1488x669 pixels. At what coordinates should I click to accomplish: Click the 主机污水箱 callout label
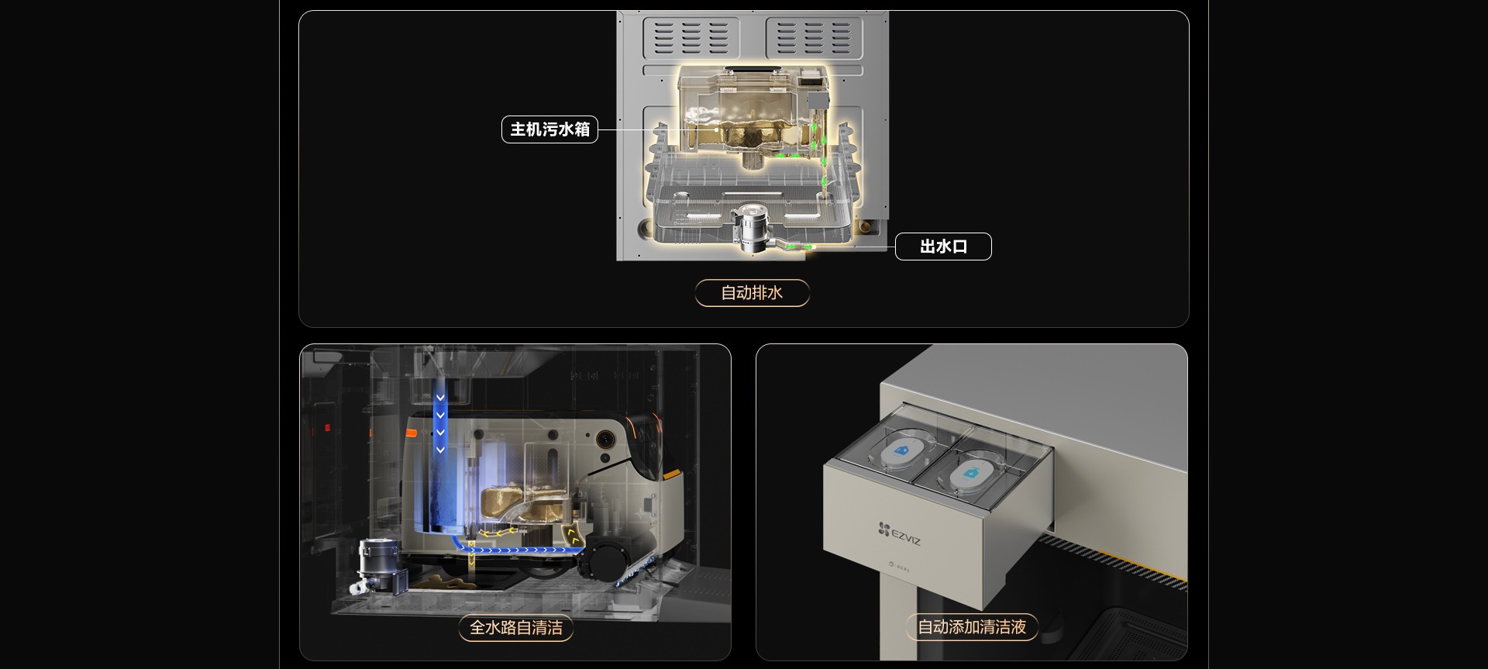549,129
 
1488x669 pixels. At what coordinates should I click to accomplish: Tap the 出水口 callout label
943,247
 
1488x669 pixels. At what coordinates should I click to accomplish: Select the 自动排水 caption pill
752,293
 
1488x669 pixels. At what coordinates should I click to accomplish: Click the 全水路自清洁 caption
516,627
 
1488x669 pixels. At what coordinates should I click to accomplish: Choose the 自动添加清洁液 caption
972,627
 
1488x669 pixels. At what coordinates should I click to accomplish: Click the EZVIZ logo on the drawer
900,534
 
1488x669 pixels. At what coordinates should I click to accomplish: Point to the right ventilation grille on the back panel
813,37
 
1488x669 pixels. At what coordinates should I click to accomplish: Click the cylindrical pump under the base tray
751,226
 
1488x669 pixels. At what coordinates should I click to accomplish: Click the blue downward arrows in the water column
440,423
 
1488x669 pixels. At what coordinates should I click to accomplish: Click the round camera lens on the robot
604,440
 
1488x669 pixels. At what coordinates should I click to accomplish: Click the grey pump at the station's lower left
379,567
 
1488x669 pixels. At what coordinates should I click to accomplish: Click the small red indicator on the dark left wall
327,428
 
